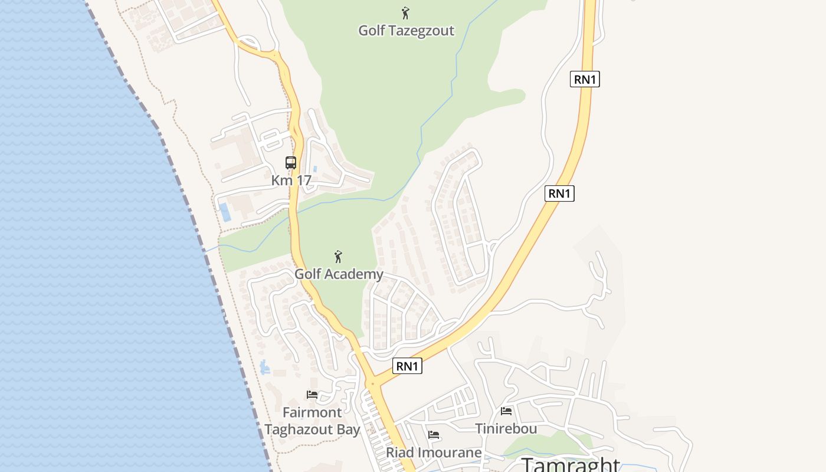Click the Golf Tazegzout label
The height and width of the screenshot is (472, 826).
pos(407,30)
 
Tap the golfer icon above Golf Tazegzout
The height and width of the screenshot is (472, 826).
pos(405,13)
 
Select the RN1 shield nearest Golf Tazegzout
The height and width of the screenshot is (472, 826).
pos(585,79)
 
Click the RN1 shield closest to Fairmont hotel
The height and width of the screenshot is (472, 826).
pos(407,366)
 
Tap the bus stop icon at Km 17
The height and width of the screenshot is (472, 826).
pos(291,163)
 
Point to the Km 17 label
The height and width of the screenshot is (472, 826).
pos(291,181)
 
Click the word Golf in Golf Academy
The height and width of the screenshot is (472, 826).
pos(307,274)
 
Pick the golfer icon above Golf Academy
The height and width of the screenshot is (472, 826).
pos(338,257)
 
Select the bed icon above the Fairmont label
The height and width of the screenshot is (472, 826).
pos(312,394)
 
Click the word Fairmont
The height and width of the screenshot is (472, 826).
pos(312,412)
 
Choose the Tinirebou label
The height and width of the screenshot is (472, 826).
pos(506,428)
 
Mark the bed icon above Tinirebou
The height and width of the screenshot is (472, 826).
pos(506,411)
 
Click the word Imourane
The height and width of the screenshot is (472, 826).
pos(450,453)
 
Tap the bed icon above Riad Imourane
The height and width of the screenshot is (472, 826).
pos(434,435)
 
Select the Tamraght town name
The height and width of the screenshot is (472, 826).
pos(571,464)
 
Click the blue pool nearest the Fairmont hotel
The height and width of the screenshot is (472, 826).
pos(265,368)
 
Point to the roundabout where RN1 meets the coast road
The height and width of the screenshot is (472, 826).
pos(373,384)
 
